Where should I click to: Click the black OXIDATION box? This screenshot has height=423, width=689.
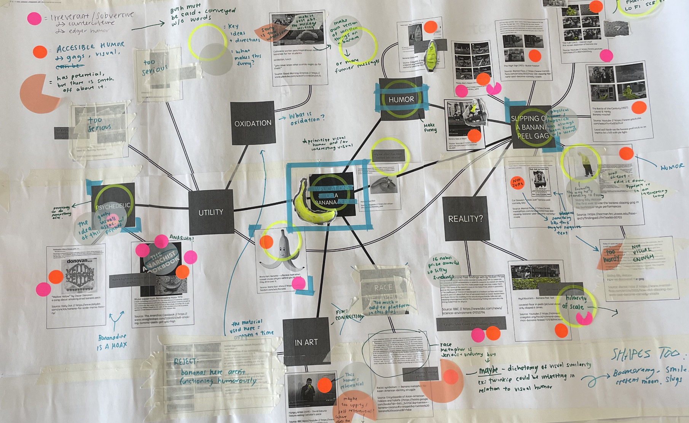[x=253, y=123]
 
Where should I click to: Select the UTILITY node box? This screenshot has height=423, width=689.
[x=211, y=212]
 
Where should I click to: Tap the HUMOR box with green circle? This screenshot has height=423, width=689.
[x=401, y=99]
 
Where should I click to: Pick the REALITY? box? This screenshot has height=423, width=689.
[x=465, y=219]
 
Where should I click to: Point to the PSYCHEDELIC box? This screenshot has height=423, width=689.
[x=113, y=206]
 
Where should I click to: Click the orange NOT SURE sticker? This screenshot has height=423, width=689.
[x=517, y=183]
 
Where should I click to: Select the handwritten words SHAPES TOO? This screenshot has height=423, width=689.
[x=646, y=354]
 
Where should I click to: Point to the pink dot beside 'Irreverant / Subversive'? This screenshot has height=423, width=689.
[x=34, y=18]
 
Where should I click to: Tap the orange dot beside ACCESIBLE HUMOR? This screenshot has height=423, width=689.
[x=40, y=52]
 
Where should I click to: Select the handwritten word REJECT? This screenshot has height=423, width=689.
[x=185, y=361]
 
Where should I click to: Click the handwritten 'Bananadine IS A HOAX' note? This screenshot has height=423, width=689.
[x=112, y=342]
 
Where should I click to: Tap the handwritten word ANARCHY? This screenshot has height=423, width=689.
[x=181, y=238]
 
